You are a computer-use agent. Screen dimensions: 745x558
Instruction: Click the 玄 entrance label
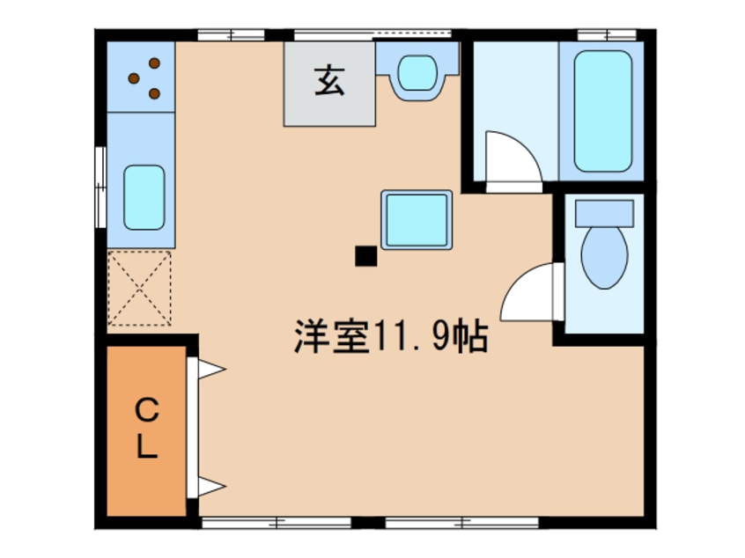point(328,81)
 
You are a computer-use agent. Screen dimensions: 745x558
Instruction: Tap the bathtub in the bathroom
point(603,111)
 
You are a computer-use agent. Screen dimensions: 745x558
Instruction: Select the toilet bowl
point(604,257)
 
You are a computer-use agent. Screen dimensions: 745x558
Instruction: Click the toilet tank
point(604,213)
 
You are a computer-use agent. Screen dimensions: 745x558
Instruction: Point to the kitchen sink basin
point(144,197)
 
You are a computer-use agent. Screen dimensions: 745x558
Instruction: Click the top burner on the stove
point(154,63)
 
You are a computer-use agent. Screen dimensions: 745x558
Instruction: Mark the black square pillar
point(365,256)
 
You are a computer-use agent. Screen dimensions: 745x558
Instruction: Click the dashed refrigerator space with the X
point(139,288)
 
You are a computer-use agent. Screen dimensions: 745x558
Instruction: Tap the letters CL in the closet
point(147,429)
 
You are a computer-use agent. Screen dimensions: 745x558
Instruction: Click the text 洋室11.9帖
point(391,336)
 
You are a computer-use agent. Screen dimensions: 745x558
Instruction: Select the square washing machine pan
point(417,220)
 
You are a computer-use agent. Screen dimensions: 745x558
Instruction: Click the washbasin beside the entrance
point(417,73)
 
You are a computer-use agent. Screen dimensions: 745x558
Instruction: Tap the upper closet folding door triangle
point(211,369)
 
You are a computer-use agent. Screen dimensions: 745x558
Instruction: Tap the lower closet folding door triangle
point(211,487)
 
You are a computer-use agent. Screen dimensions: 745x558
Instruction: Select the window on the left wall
point(100,187)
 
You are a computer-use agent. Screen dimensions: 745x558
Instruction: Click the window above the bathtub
point(607,35)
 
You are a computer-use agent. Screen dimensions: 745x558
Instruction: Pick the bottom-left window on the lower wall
point(277,524)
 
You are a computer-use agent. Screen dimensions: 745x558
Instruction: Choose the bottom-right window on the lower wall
point(461,524)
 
